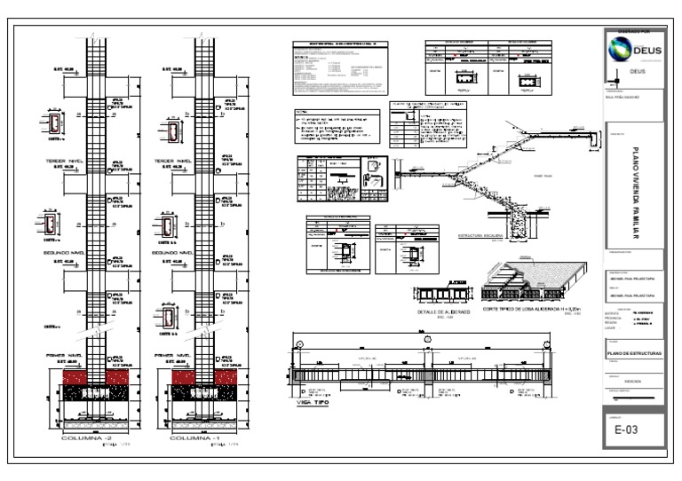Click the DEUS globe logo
point(614,50)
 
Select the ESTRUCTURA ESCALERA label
point(482,236)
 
